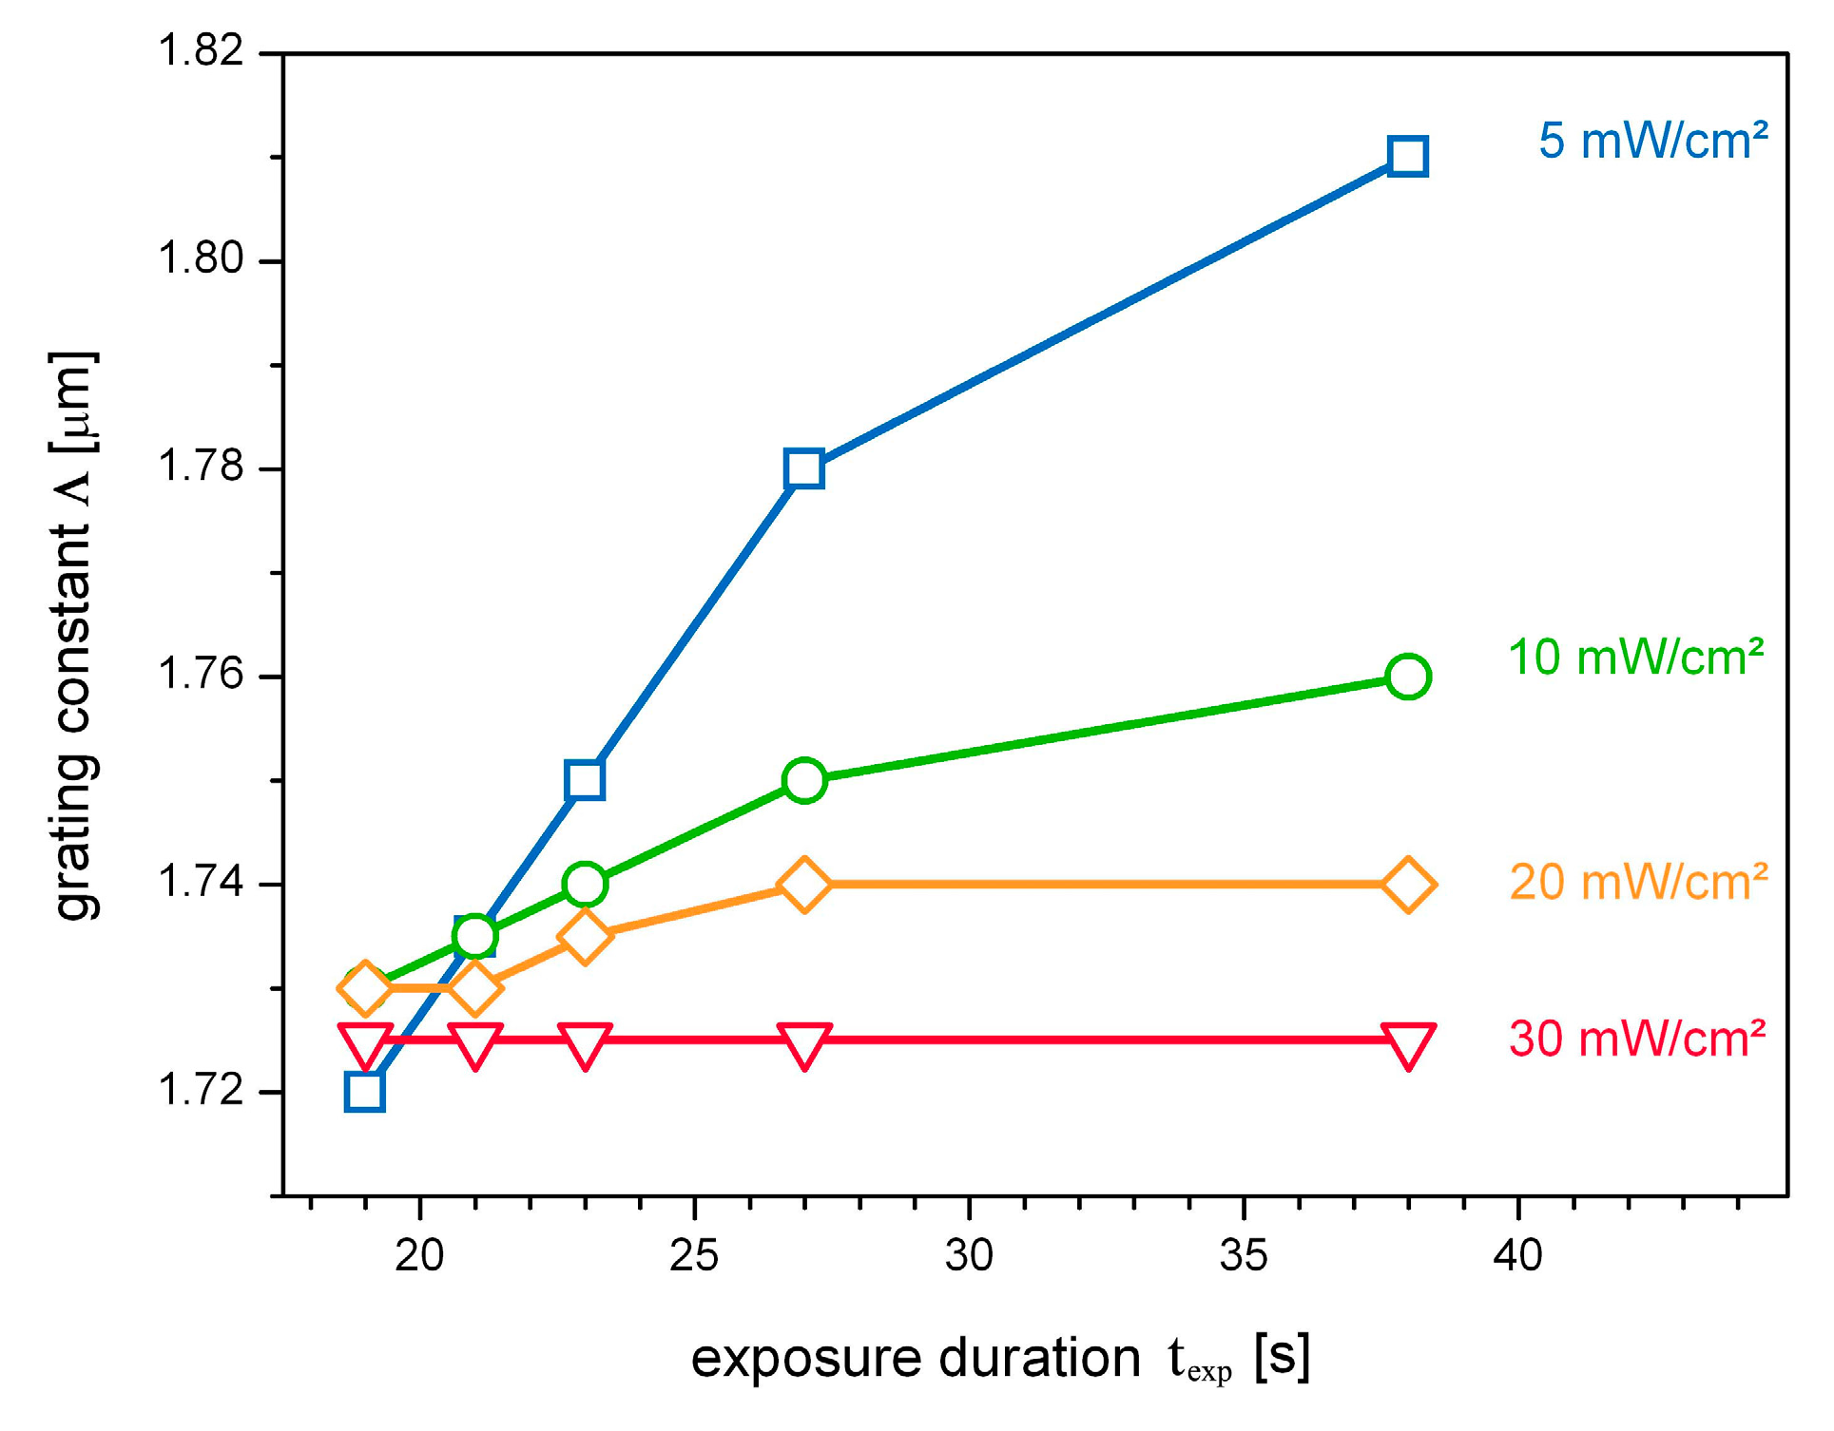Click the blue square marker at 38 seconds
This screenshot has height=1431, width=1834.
coord(1407,156)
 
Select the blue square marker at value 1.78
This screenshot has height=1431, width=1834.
coord(804,468)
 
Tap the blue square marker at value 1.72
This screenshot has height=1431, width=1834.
coord(365,1092)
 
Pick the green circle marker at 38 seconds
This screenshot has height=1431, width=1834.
coord(1407,677)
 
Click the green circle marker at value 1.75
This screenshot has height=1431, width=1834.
coord(804,780)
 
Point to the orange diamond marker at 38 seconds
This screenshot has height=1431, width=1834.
coord(1407,885)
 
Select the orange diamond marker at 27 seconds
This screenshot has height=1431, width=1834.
coord(804,885)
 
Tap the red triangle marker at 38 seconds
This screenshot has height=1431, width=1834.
coord(1407,1044)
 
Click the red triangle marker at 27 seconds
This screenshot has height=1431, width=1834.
coord(804,1044)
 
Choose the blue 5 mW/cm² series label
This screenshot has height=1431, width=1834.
coord(1652,142)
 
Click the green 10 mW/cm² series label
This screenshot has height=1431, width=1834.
coord(1635,658)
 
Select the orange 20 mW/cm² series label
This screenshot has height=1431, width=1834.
coord(1637,882)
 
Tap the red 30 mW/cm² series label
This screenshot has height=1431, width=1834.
coord(1636,1039)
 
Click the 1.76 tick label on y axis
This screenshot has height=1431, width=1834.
coord(201,674)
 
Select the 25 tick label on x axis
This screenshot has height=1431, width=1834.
coord(694,1256)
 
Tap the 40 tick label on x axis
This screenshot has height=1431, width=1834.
coord(1517,1256)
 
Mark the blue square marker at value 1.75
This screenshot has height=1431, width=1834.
coord(585,780)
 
